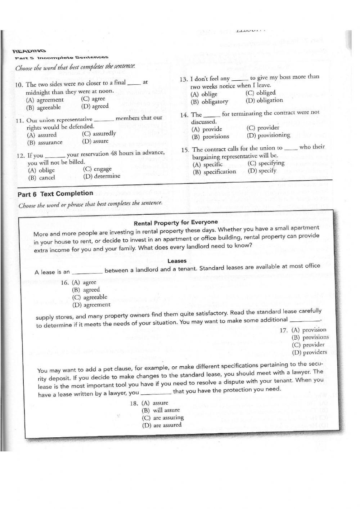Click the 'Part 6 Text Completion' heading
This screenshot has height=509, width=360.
[x=55, y=194]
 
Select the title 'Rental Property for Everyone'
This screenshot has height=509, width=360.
[x=176, y=223]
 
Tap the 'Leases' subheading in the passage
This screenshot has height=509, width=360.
[x=177, y=261]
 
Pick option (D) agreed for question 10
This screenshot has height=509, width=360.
[x=95, y=106]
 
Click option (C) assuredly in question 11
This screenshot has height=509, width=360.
[x=99, y=134]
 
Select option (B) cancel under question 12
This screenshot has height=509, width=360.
[x=42, y=178]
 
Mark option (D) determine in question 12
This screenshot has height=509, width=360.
[x=102, y=176]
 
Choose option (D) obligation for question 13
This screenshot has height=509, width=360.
[x=264, y=101]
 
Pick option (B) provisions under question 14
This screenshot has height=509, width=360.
[x=210, y=137]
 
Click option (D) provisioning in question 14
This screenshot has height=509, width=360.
[x=268, y=135]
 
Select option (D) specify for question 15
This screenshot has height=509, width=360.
[x=262, y=171]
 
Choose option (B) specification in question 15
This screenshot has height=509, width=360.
[x=214, y=172]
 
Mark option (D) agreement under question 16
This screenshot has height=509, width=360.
[x=91, y=305]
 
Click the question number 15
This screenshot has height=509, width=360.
[x=185, y=150]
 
